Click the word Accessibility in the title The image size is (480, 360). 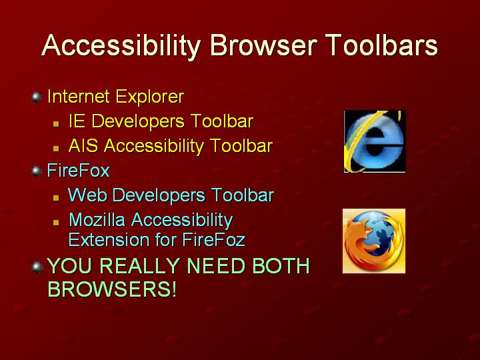121,46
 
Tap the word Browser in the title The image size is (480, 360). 263,45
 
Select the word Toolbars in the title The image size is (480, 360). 381,45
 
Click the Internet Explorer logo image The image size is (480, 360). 375,141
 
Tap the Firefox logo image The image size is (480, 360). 374,241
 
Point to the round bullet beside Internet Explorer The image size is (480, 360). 37,97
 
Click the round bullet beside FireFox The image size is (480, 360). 37,171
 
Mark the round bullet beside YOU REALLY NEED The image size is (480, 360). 37,267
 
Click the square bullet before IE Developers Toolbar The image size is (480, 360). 56,124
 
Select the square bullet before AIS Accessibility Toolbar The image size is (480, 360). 56,149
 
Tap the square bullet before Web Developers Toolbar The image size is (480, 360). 56,198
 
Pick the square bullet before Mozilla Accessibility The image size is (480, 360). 56,222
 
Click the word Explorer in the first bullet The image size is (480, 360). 150,97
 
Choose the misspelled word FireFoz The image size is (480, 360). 214,239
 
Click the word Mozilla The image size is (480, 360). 97,220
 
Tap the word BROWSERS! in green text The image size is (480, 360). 113,289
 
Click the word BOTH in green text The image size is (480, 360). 281,265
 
